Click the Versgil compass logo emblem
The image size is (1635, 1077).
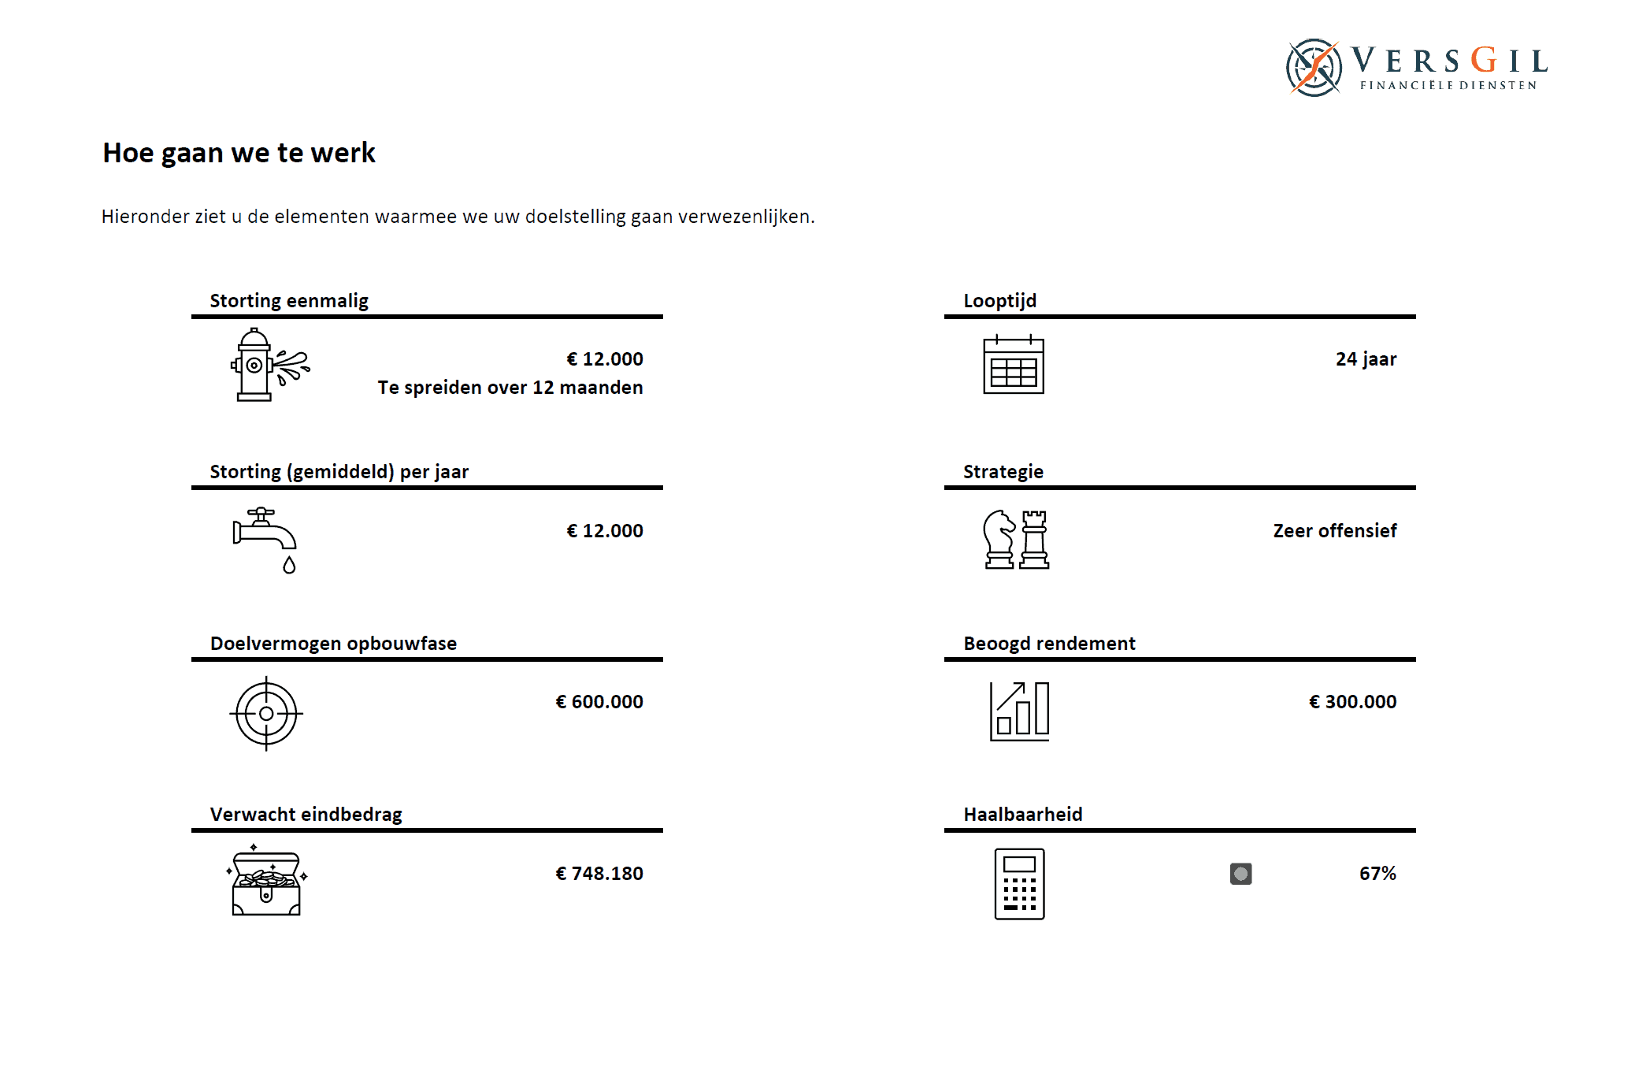click(x=1314, y=68)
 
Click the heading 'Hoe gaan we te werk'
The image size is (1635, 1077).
click(x=239, y=153)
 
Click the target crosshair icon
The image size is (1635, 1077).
click(x=266, y=713)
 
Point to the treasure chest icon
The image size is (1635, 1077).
click(x=266, y=882)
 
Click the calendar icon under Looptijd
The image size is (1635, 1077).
click(x=1014, y=365)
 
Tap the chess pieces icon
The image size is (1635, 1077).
click(x=1016, y=540)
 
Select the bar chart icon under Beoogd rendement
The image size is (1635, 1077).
click(x=1019, y=711)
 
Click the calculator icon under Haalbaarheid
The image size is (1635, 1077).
click(x=1019, y=883)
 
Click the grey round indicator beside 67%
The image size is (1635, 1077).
click(x=1240, y=874)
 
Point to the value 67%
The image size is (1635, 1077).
click(x=1377, y=874)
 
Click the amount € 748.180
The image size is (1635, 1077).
click(x=599, y=874)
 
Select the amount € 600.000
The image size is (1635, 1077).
click(x=599, y=702)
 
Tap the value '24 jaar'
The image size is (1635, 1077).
click(x=1366, y=359)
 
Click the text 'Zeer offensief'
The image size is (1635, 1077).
click(x=1335, y=531)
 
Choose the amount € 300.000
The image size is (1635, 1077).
click(x=1352, y=702)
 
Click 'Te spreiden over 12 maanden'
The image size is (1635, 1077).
click(x=510, y=388)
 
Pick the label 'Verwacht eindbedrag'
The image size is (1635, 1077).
click(x=306, y=815)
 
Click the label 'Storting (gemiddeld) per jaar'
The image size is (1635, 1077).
click(x=339, y=472)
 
